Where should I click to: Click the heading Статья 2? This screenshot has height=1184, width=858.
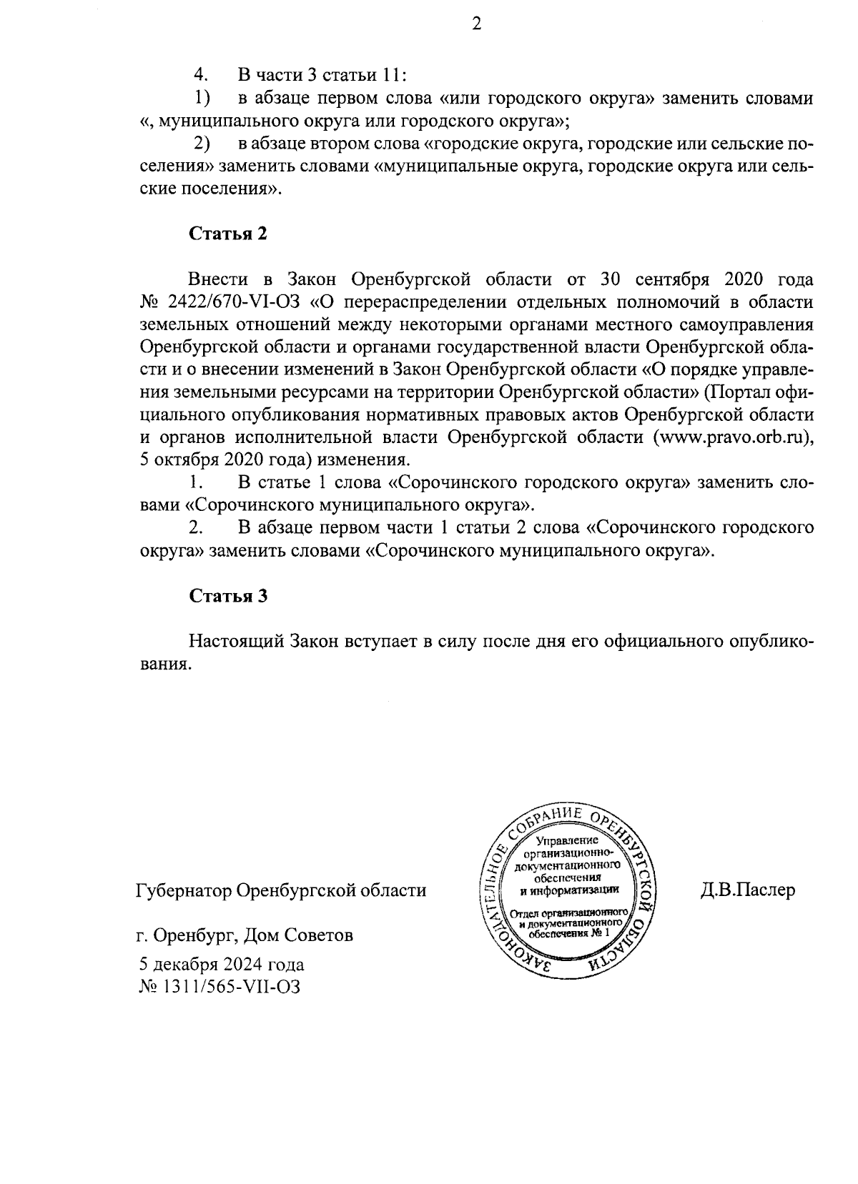[228, 234]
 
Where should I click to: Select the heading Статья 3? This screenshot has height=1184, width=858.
[228, 597]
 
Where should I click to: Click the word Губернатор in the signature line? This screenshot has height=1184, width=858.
[183, 891]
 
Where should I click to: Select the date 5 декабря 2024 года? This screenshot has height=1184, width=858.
[222, 965]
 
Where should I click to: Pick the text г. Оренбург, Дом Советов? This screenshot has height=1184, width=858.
[245, 935]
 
